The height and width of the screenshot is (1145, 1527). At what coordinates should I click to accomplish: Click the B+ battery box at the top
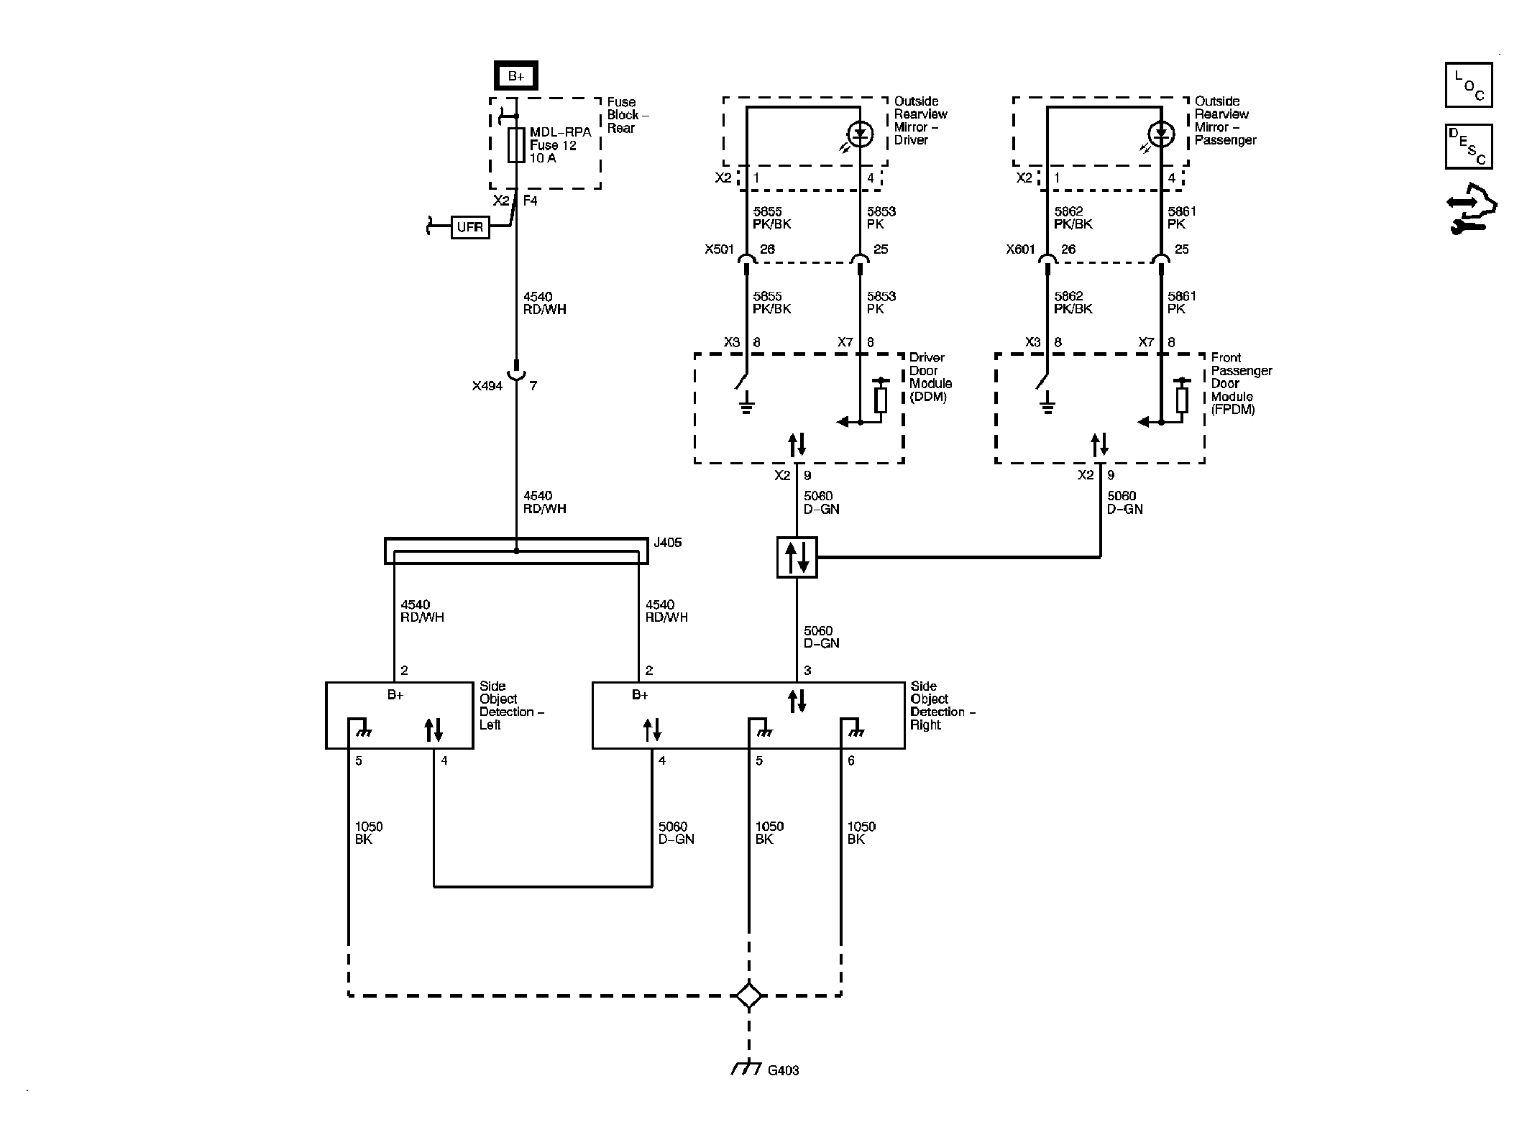(515, 76)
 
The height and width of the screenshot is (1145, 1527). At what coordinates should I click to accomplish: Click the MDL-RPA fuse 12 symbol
(515, 145)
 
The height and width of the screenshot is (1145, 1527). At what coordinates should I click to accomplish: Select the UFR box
(470, 227)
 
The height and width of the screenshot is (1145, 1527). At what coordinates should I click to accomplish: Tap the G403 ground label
(783, 1090)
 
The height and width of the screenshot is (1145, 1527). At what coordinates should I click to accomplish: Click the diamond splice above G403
(749, 995)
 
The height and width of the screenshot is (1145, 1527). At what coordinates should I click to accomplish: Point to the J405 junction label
(667, 543)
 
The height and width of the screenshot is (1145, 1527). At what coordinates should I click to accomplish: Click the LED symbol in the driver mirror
(861, 134)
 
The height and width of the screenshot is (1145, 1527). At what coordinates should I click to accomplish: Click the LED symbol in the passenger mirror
(1161, 134)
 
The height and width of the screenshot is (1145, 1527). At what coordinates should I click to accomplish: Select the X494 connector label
(487, 386)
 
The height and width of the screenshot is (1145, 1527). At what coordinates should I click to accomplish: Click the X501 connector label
(719, 249)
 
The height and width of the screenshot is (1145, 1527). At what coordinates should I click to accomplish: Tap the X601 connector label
(1020, 249)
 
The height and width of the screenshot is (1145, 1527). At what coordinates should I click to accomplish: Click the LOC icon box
(1468, 85)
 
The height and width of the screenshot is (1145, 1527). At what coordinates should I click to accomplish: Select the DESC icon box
(1468, 147)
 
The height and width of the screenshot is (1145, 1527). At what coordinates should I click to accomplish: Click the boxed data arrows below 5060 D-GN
(797, 557)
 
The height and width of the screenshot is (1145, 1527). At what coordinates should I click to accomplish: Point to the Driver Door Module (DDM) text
(930, 377)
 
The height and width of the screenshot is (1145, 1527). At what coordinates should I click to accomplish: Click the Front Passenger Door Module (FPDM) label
(1241, 383)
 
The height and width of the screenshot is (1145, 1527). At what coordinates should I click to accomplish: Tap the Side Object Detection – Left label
(510, 705)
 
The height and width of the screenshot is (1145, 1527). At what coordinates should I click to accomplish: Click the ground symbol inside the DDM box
(746, 406)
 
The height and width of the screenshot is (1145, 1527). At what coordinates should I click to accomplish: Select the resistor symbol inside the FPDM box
(1181, 399)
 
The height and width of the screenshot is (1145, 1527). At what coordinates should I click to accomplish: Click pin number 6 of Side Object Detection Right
(851, 760)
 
